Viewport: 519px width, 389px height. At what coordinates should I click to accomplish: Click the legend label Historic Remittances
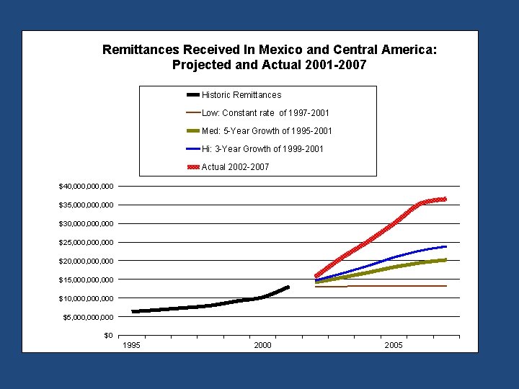click(x=241, y=95)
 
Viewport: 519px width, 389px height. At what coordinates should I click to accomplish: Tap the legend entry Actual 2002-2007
click(x=235, y=167)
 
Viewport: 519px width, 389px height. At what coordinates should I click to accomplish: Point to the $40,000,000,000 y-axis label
click(x=86, y=187)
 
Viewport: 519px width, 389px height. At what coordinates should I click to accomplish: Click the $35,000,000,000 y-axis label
click(x=86, y=205)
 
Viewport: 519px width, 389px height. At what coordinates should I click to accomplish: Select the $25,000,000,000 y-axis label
click(x=86, y=243)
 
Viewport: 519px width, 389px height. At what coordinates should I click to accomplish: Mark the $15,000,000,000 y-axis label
click(x=86, y=280)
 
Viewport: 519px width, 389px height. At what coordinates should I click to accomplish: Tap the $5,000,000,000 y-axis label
click(x=88, y=317)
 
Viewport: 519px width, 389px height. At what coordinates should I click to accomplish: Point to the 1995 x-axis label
click(x=132, y=346)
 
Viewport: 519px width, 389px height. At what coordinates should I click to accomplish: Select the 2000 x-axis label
click(x=263, y=346)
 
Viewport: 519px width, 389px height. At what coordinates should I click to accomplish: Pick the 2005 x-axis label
click(x=394, y=346)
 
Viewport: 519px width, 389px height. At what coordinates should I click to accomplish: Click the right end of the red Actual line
click(x=445, y=199)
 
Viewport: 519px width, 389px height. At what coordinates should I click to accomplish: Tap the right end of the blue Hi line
click(x=445, y=246)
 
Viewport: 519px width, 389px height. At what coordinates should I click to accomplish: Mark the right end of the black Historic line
click(x=288, y=287)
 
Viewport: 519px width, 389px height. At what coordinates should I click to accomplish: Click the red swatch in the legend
click(x=193, y=167)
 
